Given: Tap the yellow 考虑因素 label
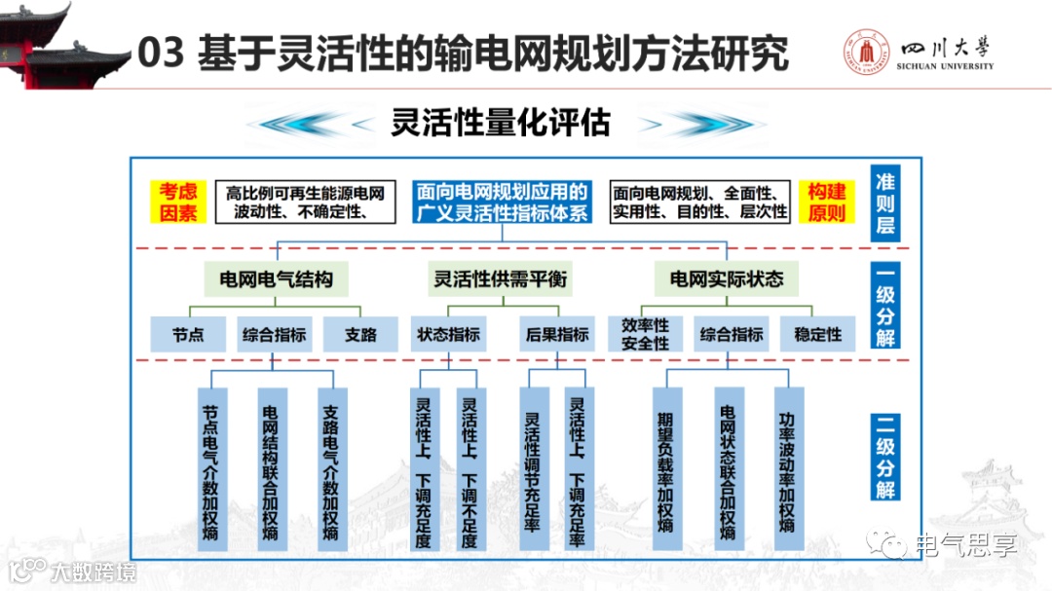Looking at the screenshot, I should point(178,202).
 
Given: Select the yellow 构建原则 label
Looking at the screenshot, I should point(827,202).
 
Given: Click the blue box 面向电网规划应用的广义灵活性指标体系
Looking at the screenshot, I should point(502,202).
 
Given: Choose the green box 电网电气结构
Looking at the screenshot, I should point(276,279).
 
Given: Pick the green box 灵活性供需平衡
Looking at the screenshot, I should point(500,279).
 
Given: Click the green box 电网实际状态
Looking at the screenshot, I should point(726,279).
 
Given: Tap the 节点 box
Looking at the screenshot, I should point(188,335).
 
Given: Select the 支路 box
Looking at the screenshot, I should point(360,335).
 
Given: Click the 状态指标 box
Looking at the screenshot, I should point(448,335).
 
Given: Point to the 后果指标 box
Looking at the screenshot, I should point(557,335).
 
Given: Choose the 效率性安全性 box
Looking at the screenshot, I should point(645,334).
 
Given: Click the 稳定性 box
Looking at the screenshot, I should point(817,335).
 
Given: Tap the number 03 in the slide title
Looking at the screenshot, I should point(161,54).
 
